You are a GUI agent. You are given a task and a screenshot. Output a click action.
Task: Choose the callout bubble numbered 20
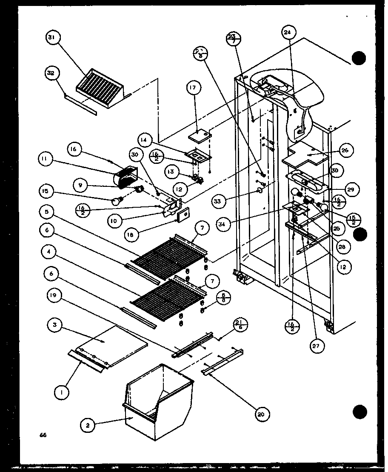[263, 413]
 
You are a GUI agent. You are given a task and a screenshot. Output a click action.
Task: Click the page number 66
[43, 435]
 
